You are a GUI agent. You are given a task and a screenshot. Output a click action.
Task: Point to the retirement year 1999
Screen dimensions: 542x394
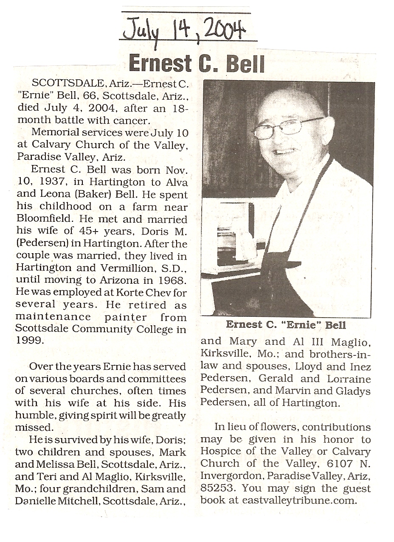(28, 341)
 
